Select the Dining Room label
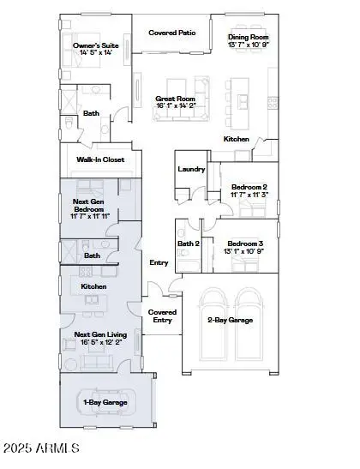tap(249, 37)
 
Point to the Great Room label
tap(176, 99)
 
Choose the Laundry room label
tap(190, 169)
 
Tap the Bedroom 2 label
tap(249, 187)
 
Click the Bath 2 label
tap(188, 244)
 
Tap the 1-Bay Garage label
tap(105, 402)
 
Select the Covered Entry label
tap(162, 316)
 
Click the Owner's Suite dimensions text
tap(95, 53)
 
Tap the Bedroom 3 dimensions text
tap(246, 252)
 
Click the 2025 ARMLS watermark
tap(41, 448)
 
